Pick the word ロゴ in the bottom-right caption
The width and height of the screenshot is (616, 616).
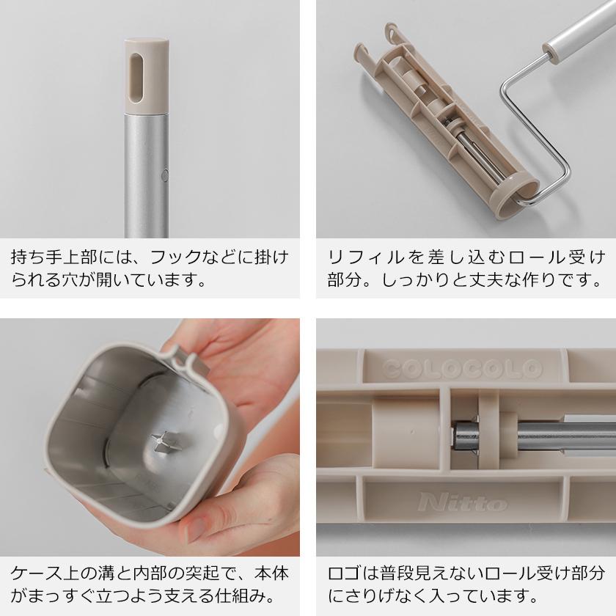[341, 571]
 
